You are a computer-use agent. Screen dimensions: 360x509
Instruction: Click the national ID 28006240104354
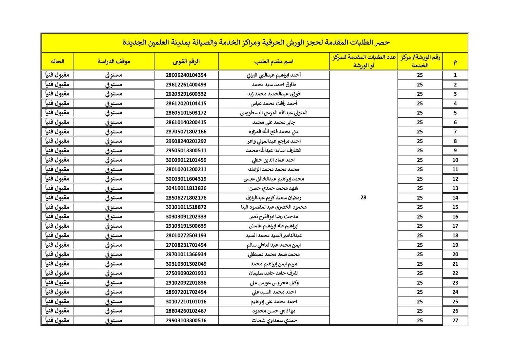coord(186,75)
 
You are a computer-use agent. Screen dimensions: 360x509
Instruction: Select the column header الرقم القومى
coord(186,61)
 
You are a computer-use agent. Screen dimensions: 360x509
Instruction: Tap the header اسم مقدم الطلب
coord(274,61)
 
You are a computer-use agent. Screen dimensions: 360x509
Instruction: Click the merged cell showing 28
coord(363,197)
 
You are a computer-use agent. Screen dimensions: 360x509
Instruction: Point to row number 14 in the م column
coord(455,197)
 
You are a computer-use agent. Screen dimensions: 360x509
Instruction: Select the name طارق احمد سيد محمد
coord(274,84)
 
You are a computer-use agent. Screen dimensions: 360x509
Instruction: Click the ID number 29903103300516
coord(186,320)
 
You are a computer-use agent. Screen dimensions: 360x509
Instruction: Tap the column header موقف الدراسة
coord(114,61)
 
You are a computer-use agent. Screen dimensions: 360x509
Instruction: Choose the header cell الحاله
coord(57,61)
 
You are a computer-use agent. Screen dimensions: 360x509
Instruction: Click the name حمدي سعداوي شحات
coord(274,320)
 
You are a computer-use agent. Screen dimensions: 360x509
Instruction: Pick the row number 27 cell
coord(455,320)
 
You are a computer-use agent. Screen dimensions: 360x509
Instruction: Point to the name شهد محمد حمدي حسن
coord(274,188)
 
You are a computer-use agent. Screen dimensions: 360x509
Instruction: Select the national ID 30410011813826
coord(186,188)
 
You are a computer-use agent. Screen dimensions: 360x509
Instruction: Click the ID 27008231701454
coord(186,245)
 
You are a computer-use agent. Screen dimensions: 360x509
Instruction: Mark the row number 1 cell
coord(455,75)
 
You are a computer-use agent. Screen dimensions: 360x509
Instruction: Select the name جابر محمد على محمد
coord(274,122)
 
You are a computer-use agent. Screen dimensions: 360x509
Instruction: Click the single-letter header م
coord(455,62)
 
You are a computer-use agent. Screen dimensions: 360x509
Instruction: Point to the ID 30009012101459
coord(186,160)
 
